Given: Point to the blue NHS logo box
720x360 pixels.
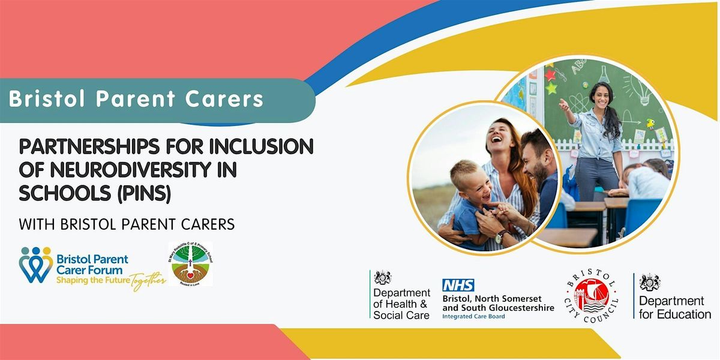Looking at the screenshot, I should (458, 286).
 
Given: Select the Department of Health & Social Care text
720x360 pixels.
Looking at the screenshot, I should (401, 304).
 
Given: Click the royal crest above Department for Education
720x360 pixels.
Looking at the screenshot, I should (650, 282).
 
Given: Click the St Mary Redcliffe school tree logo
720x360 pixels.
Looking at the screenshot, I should (190, 265).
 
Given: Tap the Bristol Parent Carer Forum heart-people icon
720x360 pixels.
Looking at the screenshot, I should (35, 265).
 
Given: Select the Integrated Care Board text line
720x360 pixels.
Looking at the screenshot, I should (473, 316).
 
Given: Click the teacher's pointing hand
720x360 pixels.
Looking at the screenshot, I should (563, 103).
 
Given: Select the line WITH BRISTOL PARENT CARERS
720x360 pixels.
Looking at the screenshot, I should (127, 224).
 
